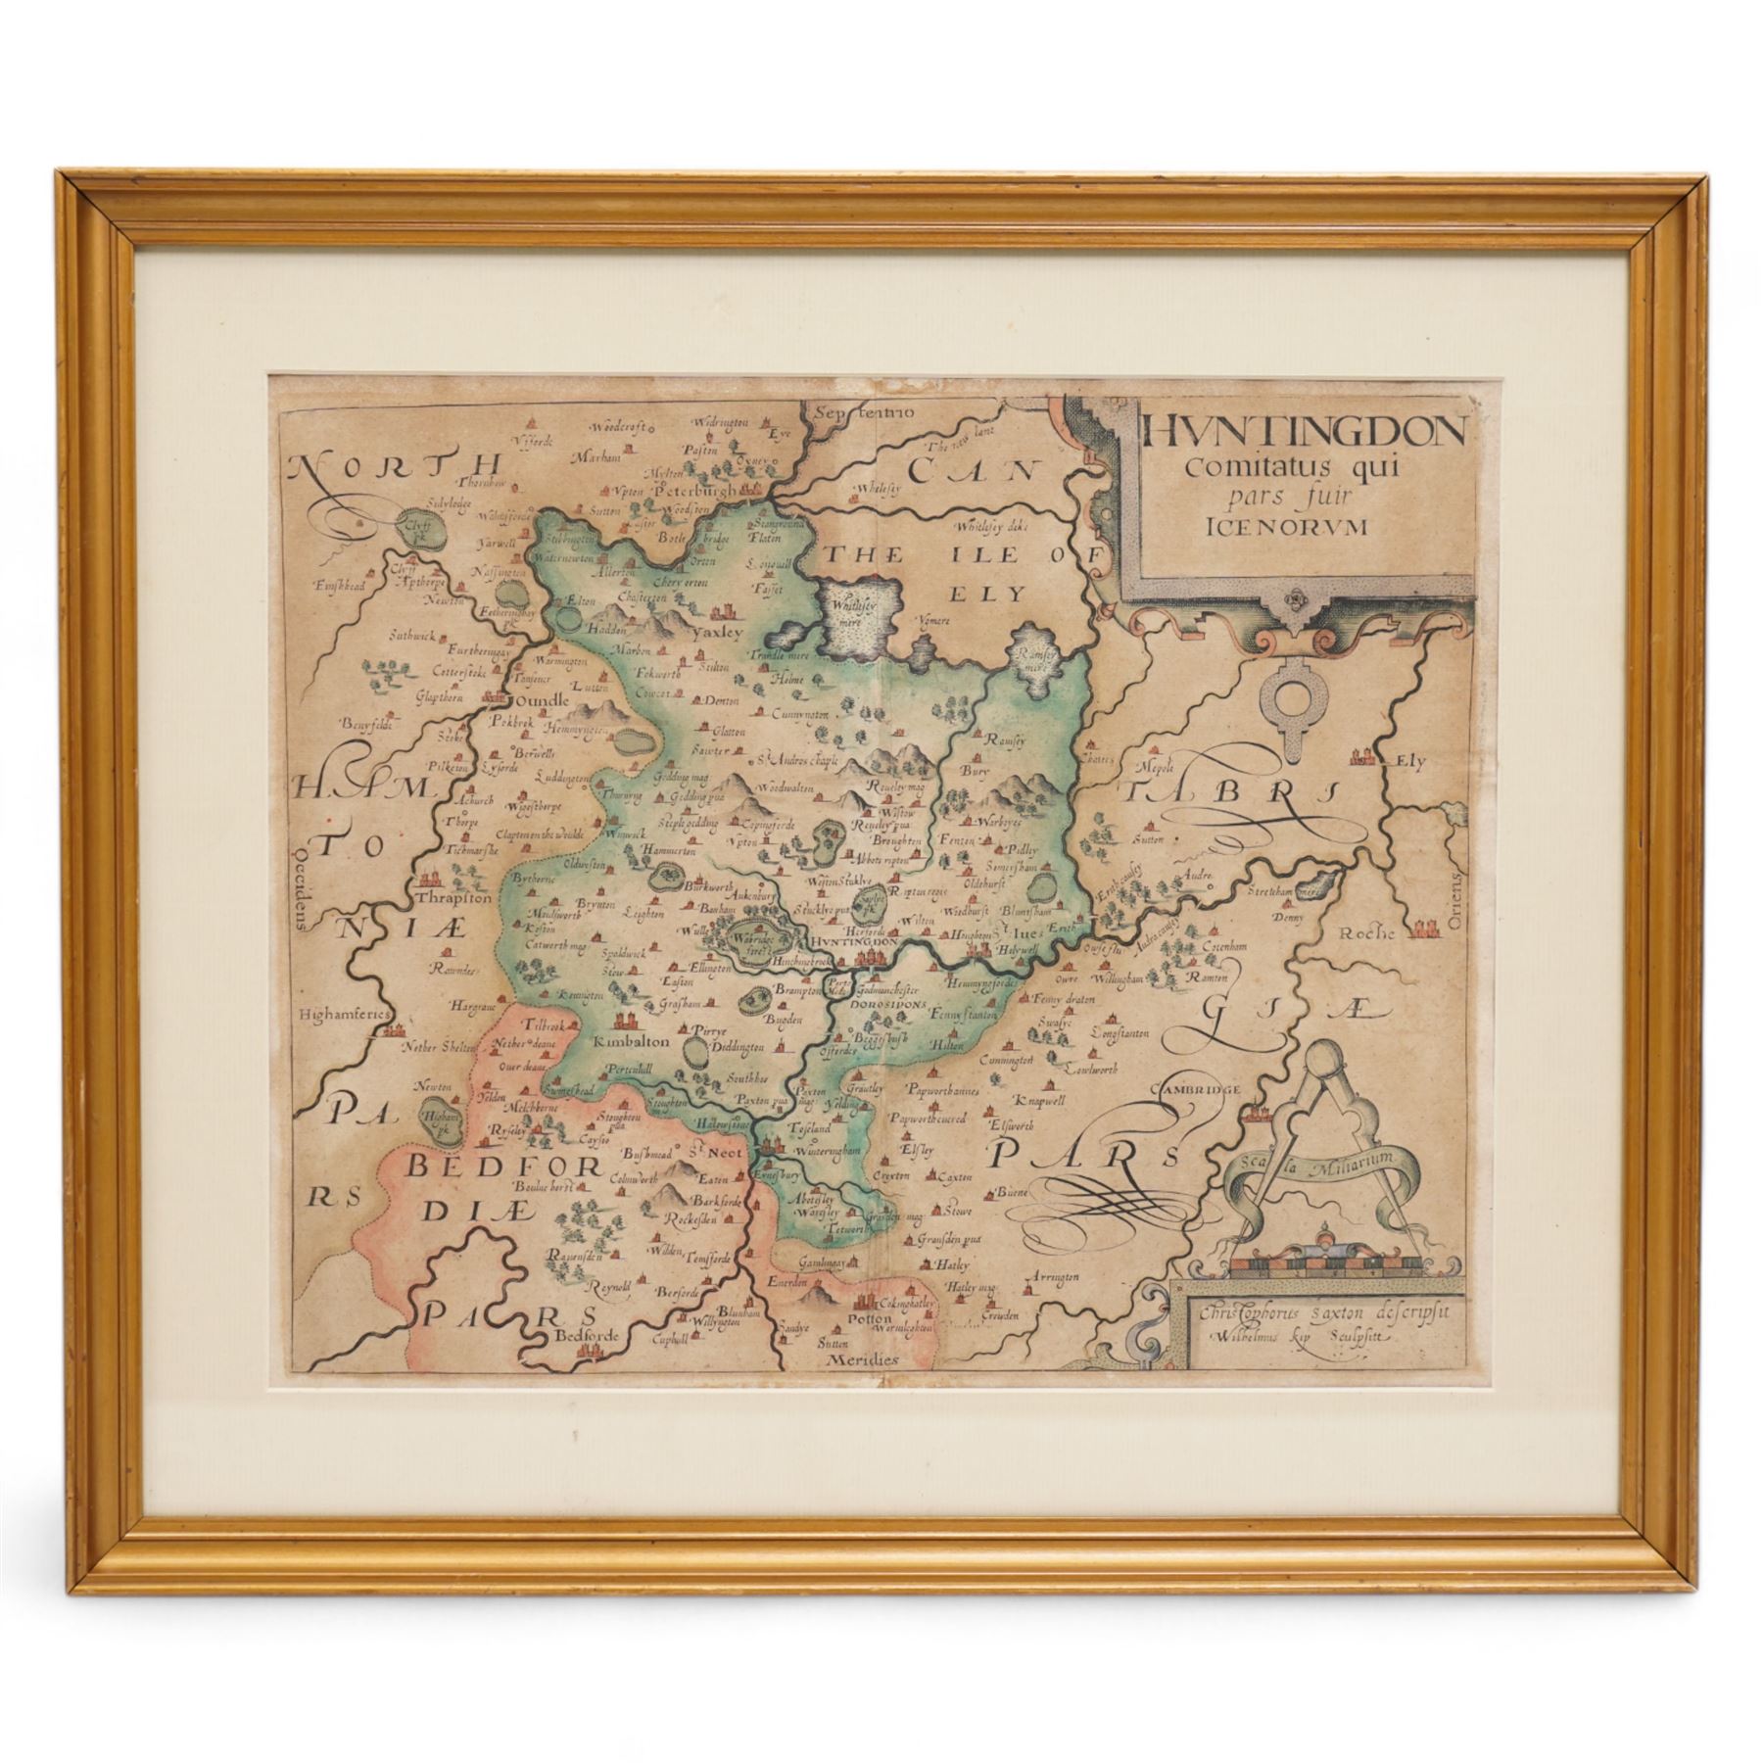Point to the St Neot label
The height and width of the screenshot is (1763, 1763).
699,1152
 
